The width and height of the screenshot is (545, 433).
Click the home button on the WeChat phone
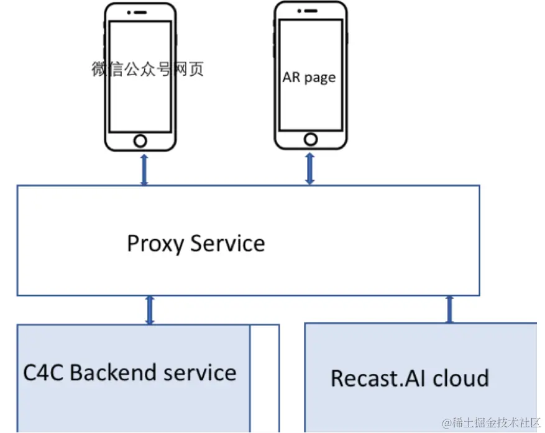point(140,140)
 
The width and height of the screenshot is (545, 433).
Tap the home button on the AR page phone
point(311,139)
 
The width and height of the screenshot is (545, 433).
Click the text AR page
point(309,78)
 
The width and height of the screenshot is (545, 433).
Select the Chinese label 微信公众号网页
point(148,69)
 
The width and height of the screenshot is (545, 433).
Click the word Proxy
point(155,243)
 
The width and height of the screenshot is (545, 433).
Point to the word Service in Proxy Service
point(227,243)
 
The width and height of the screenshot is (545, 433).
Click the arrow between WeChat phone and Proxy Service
point(144,169)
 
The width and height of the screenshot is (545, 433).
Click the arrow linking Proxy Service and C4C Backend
point(149,310)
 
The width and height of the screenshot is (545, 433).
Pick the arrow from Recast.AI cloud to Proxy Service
point(449,309)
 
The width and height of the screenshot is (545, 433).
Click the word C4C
point(44,373)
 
